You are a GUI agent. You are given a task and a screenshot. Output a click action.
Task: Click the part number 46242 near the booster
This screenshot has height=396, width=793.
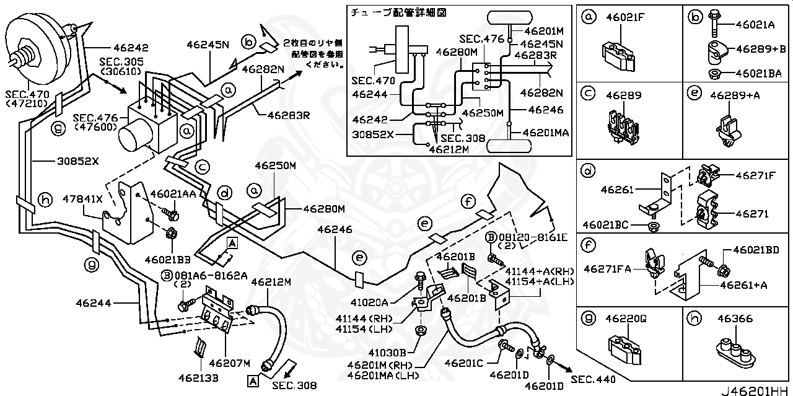click(131, 47)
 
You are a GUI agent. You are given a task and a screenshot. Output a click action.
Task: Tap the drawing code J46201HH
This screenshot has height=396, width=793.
click(755, 390)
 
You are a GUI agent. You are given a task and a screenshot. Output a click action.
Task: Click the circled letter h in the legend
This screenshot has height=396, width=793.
click(693, 319)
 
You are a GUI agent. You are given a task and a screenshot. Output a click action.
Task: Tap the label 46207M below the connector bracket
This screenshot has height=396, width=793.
click(229, 363)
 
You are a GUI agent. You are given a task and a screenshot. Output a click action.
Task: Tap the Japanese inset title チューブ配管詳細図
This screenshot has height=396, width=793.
click(399, 12)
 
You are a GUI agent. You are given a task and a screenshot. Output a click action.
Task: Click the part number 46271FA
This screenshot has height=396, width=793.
click(607, 269)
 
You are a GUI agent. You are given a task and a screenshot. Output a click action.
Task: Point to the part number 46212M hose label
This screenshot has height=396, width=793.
click(270, 282)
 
